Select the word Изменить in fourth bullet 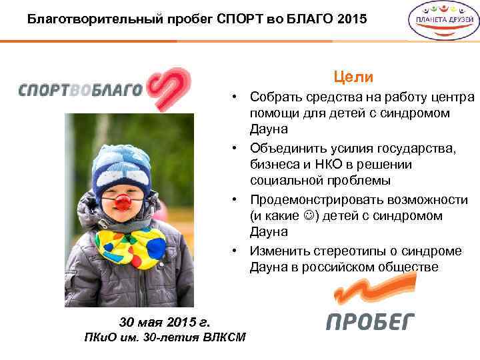coord(278,251)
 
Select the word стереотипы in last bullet coord(344,251)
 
